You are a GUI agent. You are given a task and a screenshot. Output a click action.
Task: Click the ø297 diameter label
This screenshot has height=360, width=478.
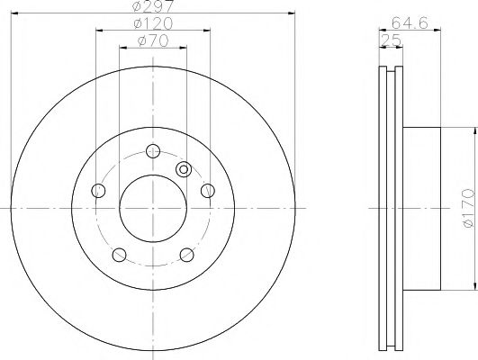coord(151,7)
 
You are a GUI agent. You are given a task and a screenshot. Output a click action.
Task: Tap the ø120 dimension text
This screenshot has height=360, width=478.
coord(151,23)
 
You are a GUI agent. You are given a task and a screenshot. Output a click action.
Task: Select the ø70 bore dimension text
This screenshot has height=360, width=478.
coord(151,41)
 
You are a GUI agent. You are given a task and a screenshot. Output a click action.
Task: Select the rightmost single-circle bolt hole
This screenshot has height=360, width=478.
coord(207,190)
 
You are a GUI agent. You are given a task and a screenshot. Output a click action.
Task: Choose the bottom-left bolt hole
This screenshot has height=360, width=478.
coord(118,255)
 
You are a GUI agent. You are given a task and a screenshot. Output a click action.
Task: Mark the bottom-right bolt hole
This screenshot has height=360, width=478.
coord(186,255)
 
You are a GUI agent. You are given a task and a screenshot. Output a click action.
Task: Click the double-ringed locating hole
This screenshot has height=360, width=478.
coord(184,168)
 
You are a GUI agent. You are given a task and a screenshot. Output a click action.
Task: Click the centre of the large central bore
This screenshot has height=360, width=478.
coord(152,208)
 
